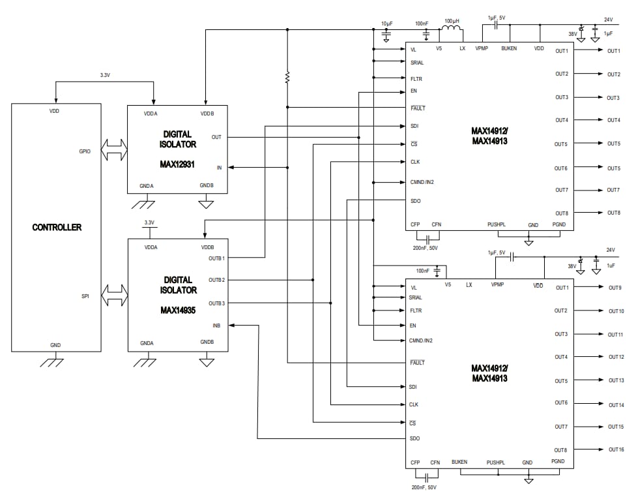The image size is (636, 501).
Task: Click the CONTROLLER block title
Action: (57, 228)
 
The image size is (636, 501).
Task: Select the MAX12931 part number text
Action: (178, 164)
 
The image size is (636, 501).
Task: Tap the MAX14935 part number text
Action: (178, 311)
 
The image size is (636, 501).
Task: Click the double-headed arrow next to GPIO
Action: (115, 151)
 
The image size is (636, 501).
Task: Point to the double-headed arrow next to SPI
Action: (115, 296)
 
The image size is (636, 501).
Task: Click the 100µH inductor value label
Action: (452, 21)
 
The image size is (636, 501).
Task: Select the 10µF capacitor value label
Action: (387, 23)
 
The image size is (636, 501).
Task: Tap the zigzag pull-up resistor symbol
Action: (287, 78)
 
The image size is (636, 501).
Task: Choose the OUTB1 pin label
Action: (216, 258)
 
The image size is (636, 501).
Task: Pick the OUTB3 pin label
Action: (216, 303)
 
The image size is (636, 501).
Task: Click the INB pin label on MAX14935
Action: (216, 325)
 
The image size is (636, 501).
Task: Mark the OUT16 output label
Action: (616, 449)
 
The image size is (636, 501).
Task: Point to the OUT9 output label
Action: (614, 288)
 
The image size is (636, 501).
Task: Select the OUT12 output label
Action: (616, 357)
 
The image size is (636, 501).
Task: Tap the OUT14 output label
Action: (616, 405)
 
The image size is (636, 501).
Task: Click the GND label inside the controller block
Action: (55, 344)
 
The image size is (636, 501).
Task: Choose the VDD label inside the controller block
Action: (55, 112)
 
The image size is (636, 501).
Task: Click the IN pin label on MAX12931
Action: (219, 168)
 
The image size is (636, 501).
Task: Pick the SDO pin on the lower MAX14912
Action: (414, 438)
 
